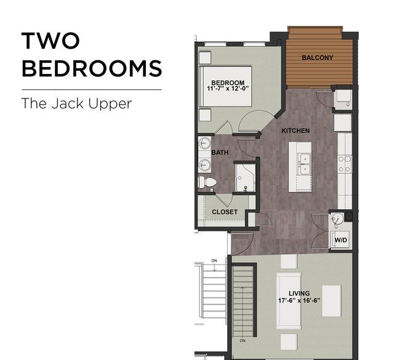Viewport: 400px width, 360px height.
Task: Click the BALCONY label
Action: (318, 58)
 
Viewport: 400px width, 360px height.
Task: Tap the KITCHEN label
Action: (295, 130)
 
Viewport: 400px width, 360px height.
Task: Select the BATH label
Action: (220, 153)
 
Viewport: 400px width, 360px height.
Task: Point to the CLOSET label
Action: (225, 212)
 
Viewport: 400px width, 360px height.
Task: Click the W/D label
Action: (341, 240)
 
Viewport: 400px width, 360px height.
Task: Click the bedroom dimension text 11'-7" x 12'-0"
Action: (228, 89)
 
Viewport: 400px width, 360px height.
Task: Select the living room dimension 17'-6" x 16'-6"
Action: (299, 300)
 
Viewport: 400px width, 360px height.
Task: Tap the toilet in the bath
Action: (207, 182)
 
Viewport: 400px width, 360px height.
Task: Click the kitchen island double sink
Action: (305, 164)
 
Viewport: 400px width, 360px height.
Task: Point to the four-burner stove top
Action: (345, 164)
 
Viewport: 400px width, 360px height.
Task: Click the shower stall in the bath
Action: (245, 178)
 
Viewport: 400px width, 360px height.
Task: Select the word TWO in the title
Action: (50, 41)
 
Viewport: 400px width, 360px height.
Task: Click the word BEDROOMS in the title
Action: (92, 68)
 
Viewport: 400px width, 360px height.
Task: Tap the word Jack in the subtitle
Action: (67, 103)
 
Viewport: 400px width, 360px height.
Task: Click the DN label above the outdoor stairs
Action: (214, 261)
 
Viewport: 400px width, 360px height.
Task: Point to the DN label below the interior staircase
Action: (242, 340)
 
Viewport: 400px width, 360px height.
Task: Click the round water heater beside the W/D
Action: (337, 219)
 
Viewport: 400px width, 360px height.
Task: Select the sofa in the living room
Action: (289, 301)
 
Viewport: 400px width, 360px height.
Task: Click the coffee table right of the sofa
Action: (331, 301)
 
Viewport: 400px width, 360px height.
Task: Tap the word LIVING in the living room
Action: (299, 294)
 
